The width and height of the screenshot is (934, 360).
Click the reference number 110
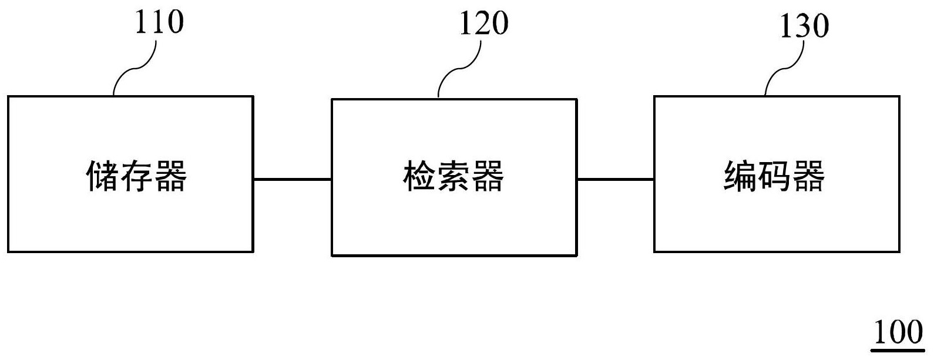(159, 22)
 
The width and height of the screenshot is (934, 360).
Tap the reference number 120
(483, 24)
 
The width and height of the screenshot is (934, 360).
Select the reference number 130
(804, 26)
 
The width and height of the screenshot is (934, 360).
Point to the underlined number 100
(898, 333)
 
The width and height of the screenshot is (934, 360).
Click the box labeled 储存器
(130, 223)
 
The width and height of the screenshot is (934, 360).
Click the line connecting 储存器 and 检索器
(292, 179)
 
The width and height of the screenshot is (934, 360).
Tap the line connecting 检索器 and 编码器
(615, 179)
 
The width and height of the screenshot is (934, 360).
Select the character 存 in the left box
(136, 176)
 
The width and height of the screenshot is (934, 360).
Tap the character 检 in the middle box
(419, 176)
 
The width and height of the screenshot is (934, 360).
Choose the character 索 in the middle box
(453, 176)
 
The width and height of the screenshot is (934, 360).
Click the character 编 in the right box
(740, 176)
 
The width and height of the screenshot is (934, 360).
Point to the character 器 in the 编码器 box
(809, 176)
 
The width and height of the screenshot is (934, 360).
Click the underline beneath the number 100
(898, 350)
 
